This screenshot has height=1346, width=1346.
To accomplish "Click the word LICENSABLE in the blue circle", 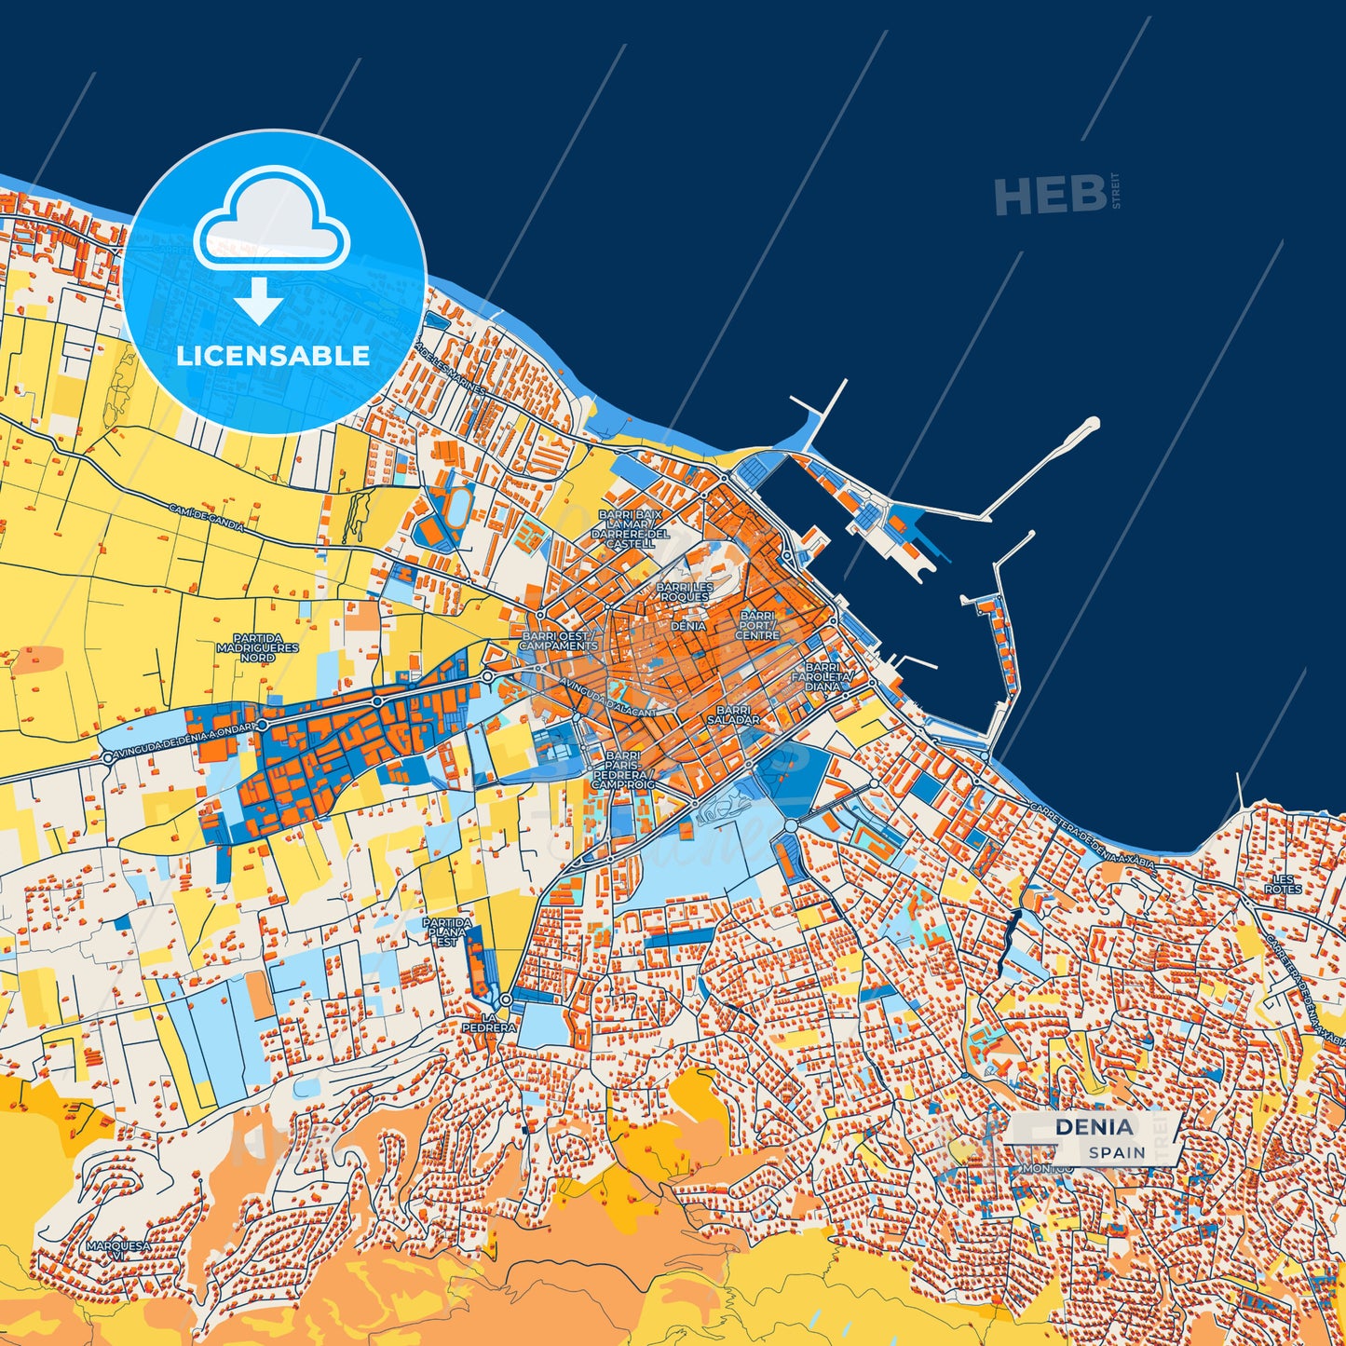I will click(x=273, y=356).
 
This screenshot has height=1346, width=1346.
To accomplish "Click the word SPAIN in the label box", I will click(x=1117, y=1152).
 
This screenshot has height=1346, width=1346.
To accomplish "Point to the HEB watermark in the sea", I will click(x=1050, y=196).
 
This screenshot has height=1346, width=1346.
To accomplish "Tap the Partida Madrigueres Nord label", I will click(x=258, y=647).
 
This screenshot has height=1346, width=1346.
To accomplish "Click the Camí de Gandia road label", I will click(x=207, y=519).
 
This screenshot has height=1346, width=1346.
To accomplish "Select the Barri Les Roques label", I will click(x=685, y=592).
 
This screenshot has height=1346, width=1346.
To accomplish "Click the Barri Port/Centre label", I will click(x=757, y=625).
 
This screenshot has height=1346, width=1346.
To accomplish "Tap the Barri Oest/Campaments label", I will click(x=558, y=641).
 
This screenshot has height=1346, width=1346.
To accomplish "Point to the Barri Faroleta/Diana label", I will click(x=822, y=677).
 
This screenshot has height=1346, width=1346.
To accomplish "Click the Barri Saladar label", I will click(x=733, y=715).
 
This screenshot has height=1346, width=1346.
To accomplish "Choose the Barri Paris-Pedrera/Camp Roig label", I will click(x=622, y=770).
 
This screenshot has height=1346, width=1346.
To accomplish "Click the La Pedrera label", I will click(x=488, y=1022).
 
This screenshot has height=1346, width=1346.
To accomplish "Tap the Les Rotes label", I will click(x=1284, y=884).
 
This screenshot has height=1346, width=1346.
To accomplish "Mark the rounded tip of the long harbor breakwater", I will click(x=1092, y=424).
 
